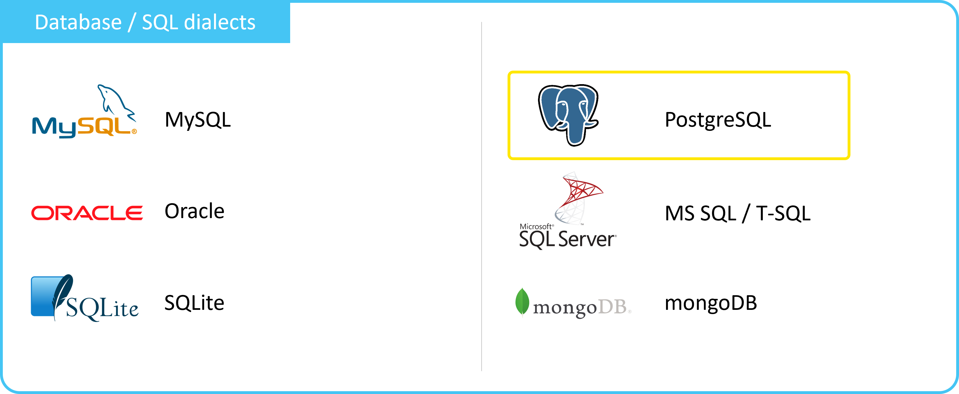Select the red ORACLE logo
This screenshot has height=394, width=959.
[x=87, y=213]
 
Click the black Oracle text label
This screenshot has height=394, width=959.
[x=194, y=211]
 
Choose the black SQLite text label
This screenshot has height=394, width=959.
[x=194, y=303]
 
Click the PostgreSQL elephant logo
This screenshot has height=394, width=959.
[x=568, y=115]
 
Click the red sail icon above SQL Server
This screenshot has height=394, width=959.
[x=578, y=197]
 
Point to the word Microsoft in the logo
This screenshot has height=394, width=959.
[x=536, y=226]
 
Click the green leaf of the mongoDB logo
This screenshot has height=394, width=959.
[x=522, y=302]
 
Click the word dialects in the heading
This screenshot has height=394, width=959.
[x=220, y=22]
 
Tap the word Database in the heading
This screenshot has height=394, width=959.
[x=78, y=22]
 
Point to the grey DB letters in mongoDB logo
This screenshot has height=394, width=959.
[x=613, y=307]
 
